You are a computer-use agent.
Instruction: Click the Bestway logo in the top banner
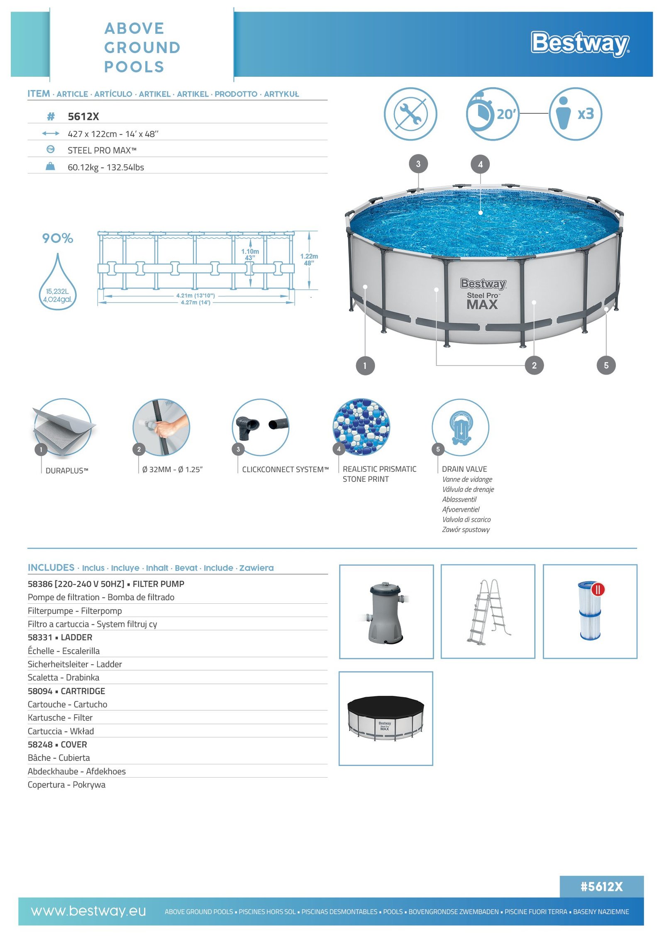click(580, 44)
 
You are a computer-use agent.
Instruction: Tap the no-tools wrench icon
click(410, 114)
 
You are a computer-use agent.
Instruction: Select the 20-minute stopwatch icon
click(493, 114)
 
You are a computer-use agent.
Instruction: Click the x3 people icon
click(575, 114)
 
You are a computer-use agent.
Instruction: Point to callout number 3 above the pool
click(418, 164)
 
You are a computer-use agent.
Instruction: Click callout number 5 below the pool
click(606, 366)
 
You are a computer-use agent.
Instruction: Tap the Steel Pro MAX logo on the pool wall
click(483, 294)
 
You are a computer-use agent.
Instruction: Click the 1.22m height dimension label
click(309, 259)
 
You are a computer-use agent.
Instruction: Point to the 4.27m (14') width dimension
click(195, 302)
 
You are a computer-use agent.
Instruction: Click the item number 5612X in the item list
click(83, 117)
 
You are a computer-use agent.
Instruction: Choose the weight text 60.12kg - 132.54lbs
click(106, 167)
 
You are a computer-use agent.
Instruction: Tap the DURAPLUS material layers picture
click(63, 428)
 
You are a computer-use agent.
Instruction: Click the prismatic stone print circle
click(361, 427)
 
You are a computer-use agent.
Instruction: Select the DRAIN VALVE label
click(464, 469)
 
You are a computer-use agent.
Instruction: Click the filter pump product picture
click(386, 612)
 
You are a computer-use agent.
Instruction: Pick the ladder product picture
click(488, 612)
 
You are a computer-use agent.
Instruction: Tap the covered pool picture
click(386, 718)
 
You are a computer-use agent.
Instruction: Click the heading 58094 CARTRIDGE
click(66, 691)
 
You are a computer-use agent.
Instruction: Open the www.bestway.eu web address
click(88, 911)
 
